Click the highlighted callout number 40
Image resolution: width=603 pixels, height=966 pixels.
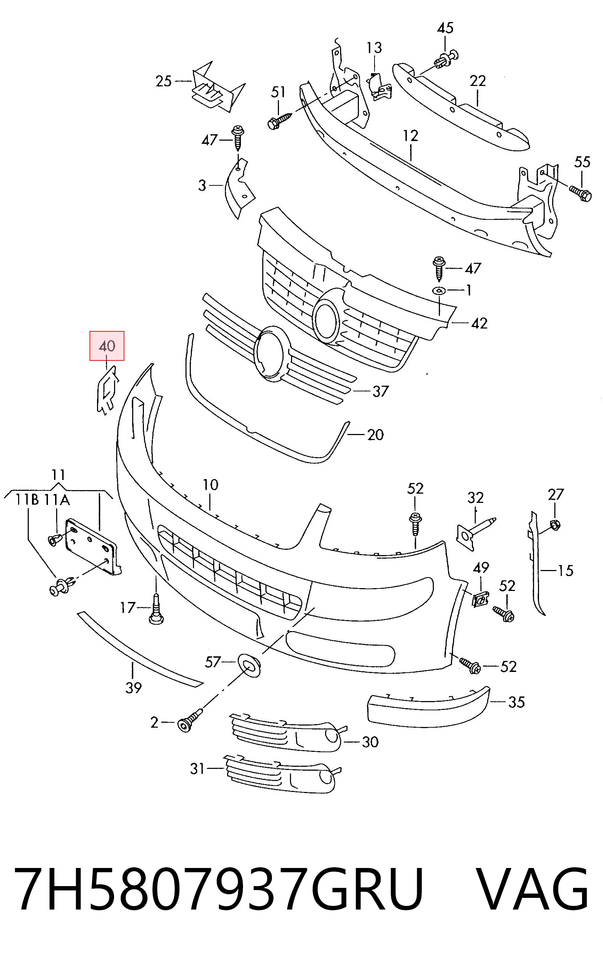[107, 346]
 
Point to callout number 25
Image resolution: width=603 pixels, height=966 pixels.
[163, 81]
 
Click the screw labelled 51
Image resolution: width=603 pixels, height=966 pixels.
[280, 120]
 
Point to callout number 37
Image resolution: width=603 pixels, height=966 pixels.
[380, 391]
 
